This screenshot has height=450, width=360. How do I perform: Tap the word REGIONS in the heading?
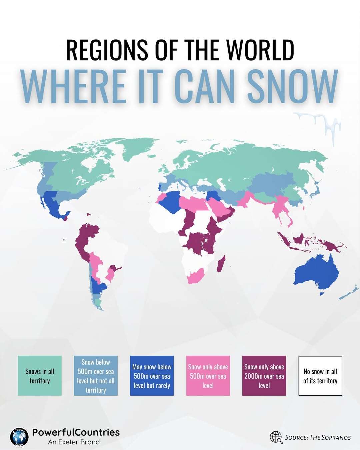pyautogui.click(x=107, y=50)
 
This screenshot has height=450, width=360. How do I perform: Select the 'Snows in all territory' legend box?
pyautogui.click(x=40, y=376)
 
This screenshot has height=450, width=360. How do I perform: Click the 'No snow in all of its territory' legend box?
pyautogui.click(x=320, y=376)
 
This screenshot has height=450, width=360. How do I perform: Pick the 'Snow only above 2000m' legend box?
pyautogui.click(x=264, y=376)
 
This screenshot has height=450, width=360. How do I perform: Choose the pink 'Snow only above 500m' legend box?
pyautogui.click(x=208, y=376)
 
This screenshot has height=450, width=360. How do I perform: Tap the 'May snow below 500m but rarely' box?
pyautogui.click(x=152, y=376)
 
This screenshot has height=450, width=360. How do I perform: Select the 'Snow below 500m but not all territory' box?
pyautogui.click(x=96, y=376)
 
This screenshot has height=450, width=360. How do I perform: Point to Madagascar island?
pyautogui.click(x=221, y=264)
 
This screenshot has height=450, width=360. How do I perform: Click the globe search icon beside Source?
pyautogui.click(x=276, y=437)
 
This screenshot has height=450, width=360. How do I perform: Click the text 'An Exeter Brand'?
pyautogui.click(x=74, y=442)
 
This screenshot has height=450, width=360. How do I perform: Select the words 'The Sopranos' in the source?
pyautogui.click(x=330, y=437)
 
